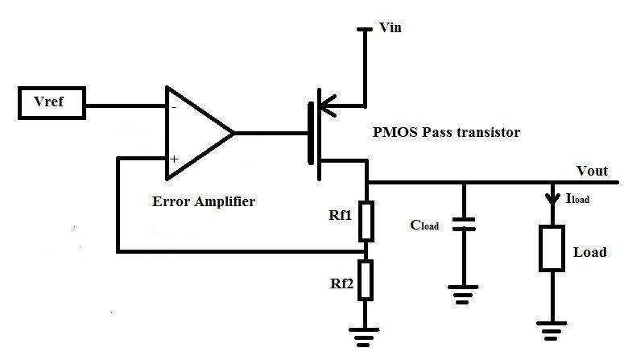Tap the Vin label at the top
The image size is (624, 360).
click(x=390, y=28)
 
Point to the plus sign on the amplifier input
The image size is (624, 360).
click(x=173, y=159)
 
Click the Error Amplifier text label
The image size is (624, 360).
click(x=203, y=201)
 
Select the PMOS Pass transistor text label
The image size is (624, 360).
click(x=447, y=132)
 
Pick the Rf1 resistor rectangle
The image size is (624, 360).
click(x=366, y=221)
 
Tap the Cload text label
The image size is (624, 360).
click(x=424, y=225)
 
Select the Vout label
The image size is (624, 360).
click(x=593, y=171)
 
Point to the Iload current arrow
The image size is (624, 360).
click(x=552, y=197)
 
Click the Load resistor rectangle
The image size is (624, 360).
click(x=552, y=248)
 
